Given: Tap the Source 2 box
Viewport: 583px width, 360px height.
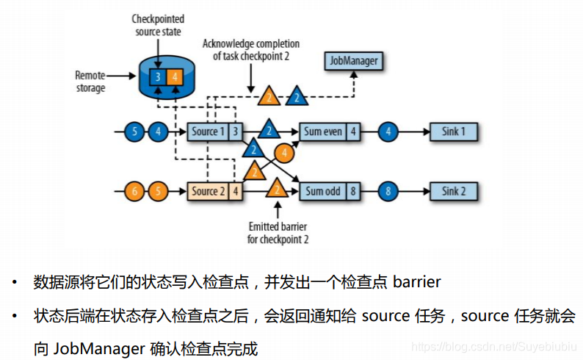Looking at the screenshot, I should (x=206, y=192).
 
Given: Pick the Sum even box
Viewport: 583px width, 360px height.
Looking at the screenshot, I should (x=322, y=132).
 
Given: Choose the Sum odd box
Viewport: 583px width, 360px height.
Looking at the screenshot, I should (x=322, y=192).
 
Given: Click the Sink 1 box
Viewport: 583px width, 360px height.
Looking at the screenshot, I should (x=453, y=132).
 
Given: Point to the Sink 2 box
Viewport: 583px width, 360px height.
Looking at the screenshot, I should (x=453, y=192).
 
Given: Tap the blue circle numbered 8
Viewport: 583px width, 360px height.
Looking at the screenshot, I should (x=389, y=192).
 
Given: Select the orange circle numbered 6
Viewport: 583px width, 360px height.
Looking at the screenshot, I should (x=134, y=192).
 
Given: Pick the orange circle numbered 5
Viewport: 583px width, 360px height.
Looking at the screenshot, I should (x=157, y=192).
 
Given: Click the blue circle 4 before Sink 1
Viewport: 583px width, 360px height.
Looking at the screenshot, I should (x=389, y=132).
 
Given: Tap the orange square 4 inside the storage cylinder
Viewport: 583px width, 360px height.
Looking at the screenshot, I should (x=173, y=76).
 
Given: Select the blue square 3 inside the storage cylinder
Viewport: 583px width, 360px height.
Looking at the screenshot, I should (x=156, y=76).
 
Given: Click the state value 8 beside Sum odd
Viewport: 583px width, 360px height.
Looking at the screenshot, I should (x=354, y=192).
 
